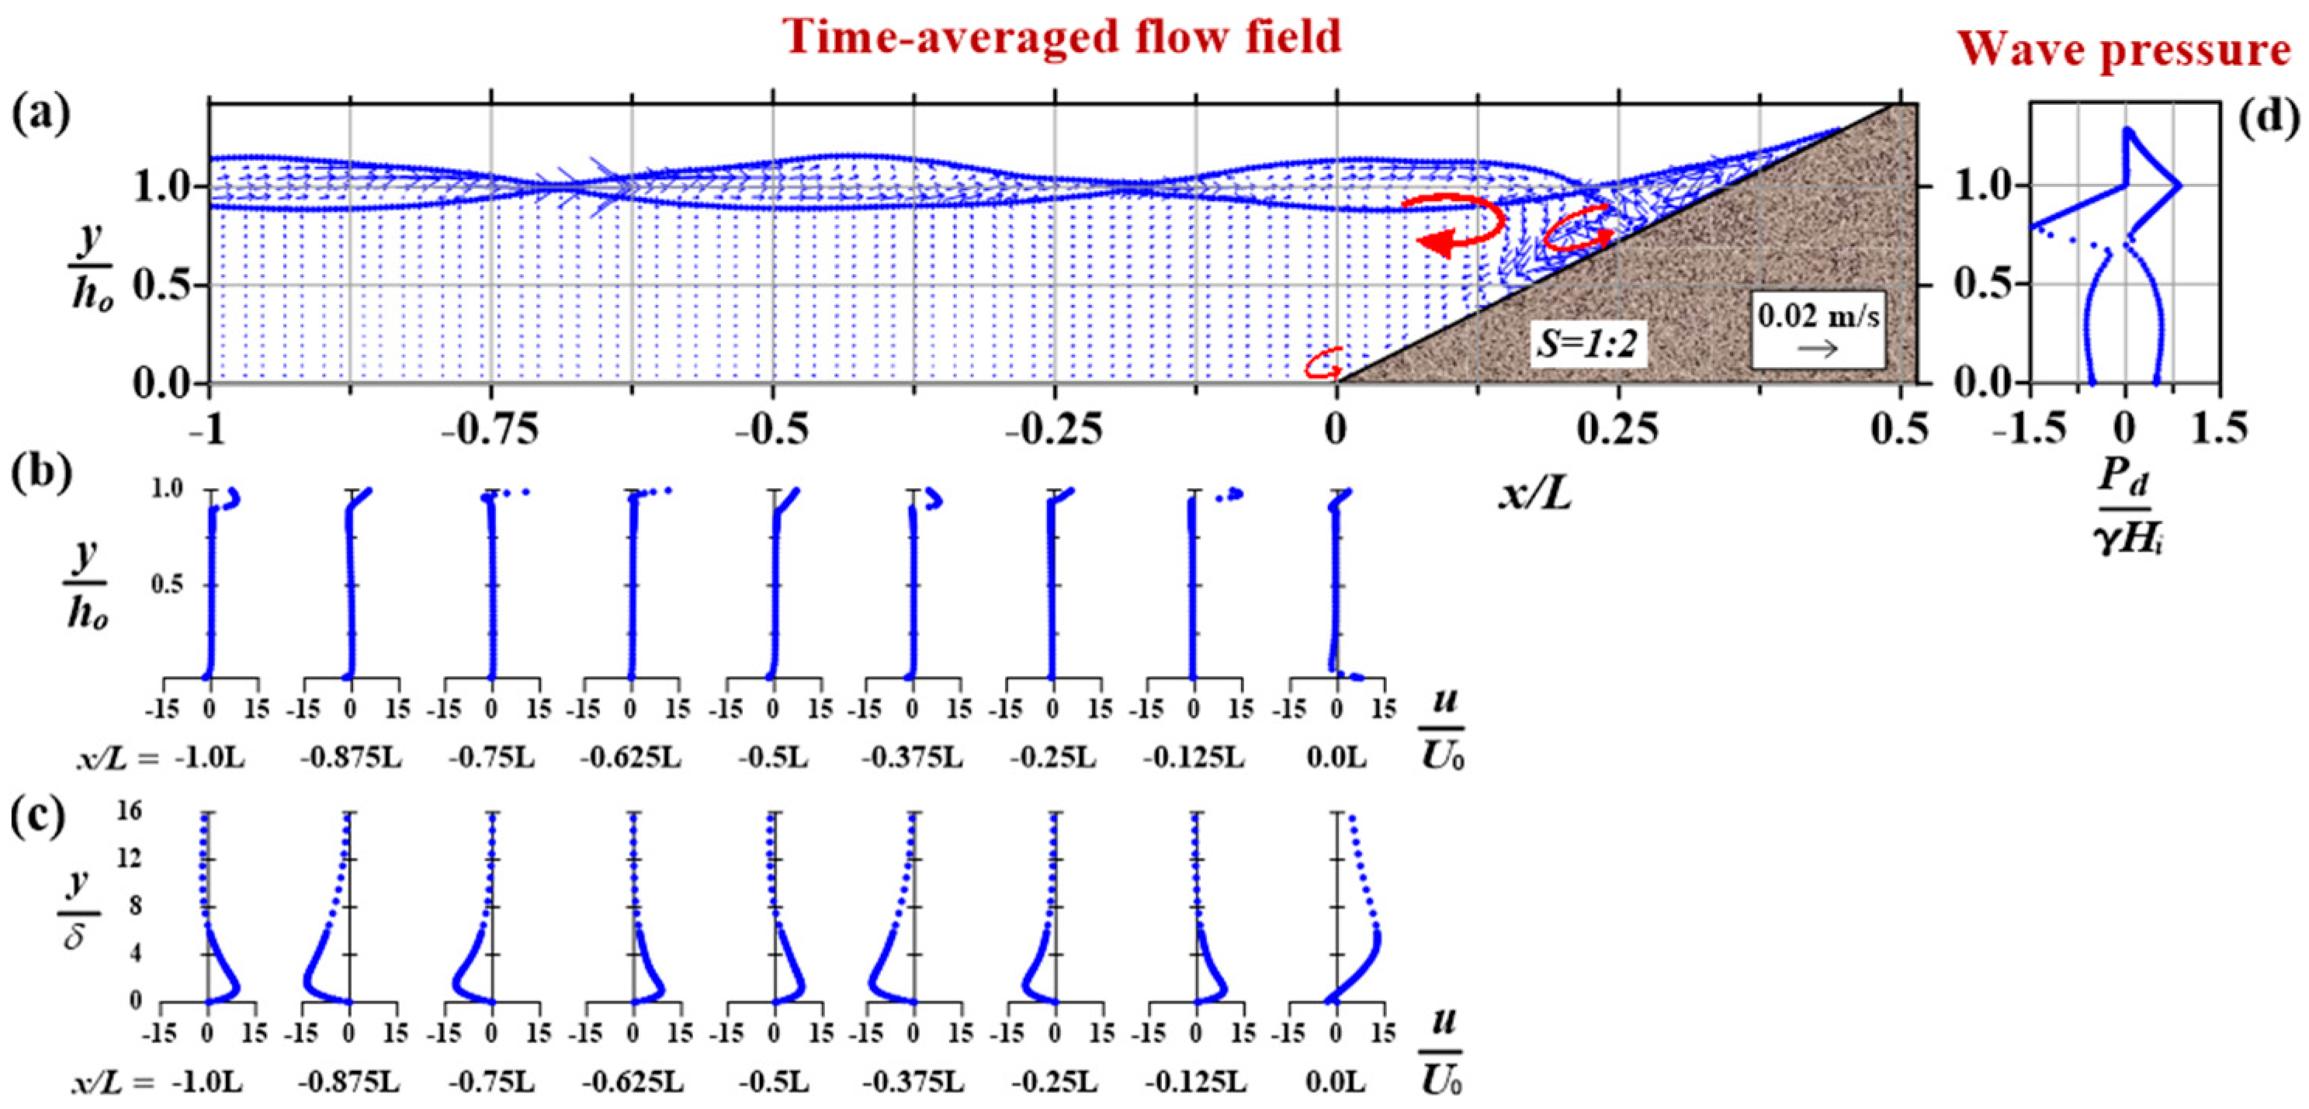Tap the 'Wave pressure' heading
(x=2123, y=50)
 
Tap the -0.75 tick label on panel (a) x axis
(x=491, y=431)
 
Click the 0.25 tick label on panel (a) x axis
(x=1618, y=431)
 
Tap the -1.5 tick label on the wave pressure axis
(x=2030, y=428)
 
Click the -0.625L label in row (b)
(x=630, y=757)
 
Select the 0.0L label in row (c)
(x=1336, y=1082)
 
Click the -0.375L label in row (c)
(x=913, y=1082)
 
